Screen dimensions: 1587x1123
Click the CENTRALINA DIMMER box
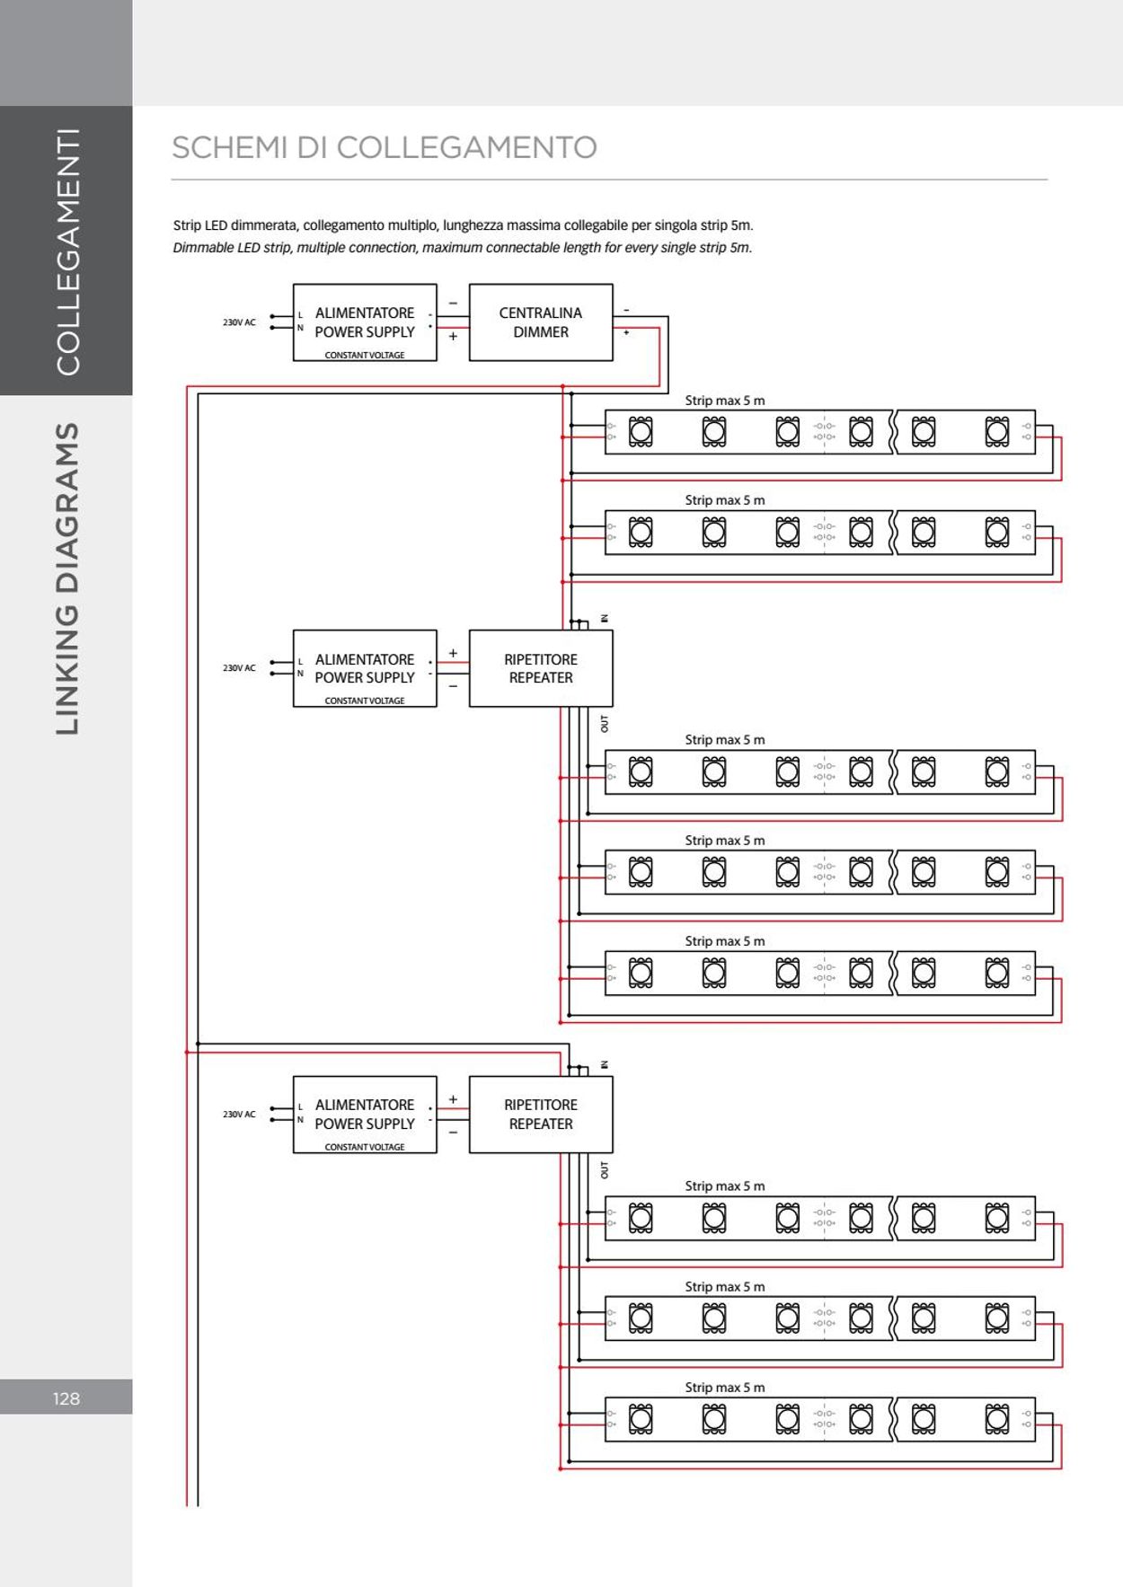[541, 322]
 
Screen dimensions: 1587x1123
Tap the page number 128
[66, 1398]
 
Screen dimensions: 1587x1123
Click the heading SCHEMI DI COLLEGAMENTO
[385, 148]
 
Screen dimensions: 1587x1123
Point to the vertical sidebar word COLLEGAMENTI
[68, 251]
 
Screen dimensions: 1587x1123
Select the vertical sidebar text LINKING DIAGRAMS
[68, 579]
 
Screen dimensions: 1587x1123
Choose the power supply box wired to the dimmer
[365, 322]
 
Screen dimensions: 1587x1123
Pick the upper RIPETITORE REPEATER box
[541, 668]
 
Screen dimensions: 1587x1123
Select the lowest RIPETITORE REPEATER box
[541, 1115]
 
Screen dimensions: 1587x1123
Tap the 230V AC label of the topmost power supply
[239, 322]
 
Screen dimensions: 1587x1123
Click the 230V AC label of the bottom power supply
[239, 1115]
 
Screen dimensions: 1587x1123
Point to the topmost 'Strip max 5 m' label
[725, 401]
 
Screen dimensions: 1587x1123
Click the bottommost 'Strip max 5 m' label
[725, 1388]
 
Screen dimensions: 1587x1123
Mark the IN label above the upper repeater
[605, 618]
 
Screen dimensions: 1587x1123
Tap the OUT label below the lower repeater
[605, 1169]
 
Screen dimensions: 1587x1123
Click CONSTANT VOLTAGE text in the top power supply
[365, 355]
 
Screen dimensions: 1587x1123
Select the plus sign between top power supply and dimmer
[453, 337]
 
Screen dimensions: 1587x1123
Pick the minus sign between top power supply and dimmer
[453, 304]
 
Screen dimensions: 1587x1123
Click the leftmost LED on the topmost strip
[641, 432]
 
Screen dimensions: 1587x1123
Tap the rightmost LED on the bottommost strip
[997, 1419]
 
